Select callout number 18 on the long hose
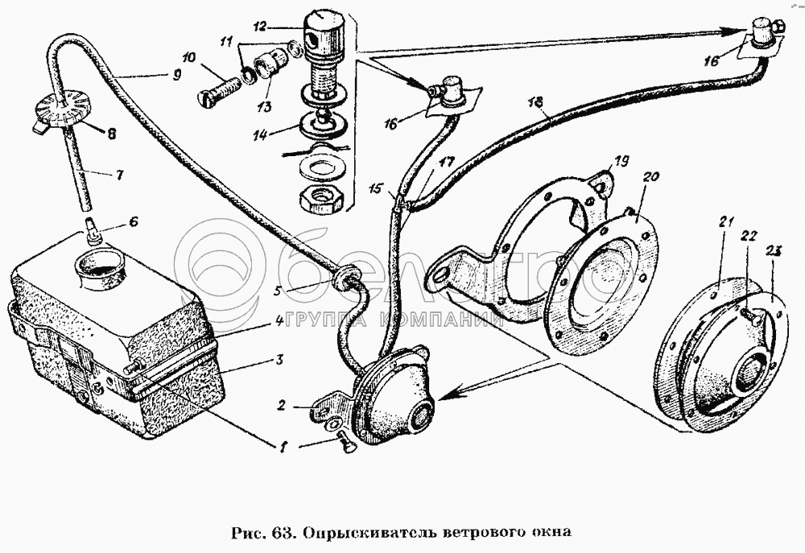coord(537,101)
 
